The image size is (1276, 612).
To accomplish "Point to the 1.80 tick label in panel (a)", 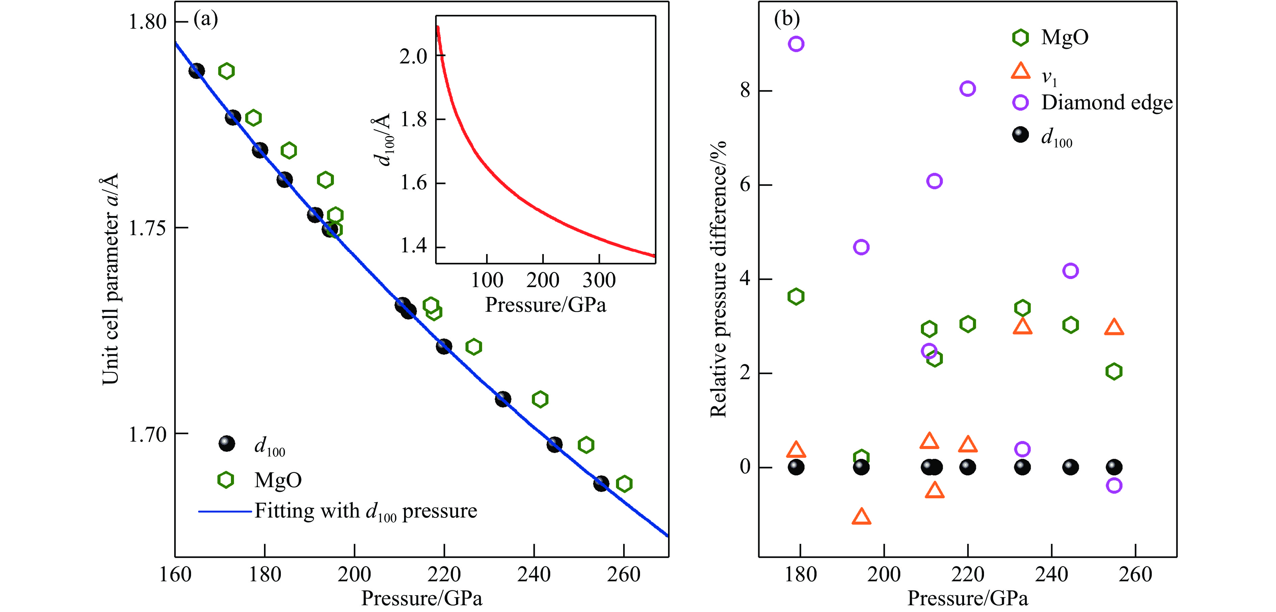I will [x=147, y=22].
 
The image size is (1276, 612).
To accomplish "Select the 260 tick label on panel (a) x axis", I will [x=623, y=574].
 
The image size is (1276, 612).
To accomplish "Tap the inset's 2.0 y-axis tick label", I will [x=413, y=56].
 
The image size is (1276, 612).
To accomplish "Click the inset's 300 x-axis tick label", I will [x=599, y=280].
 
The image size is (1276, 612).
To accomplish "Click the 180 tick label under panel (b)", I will [x=800, y=574].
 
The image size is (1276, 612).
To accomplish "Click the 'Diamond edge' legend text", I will [x=1107, y=103].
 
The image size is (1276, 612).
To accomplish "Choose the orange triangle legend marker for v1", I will [x=1020, y=71].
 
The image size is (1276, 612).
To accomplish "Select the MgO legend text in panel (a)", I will [x=278, y=480].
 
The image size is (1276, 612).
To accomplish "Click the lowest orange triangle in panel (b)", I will [x=861, y=517].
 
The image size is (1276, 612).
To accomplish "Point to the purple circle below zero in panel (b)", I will [x=1114, y=485].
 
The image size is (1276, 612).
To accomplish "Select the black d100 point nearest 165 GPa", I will [x=197, y=71].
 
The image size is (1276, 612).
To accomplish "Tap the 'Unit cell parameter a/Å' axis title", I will [x=110, y=279].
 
